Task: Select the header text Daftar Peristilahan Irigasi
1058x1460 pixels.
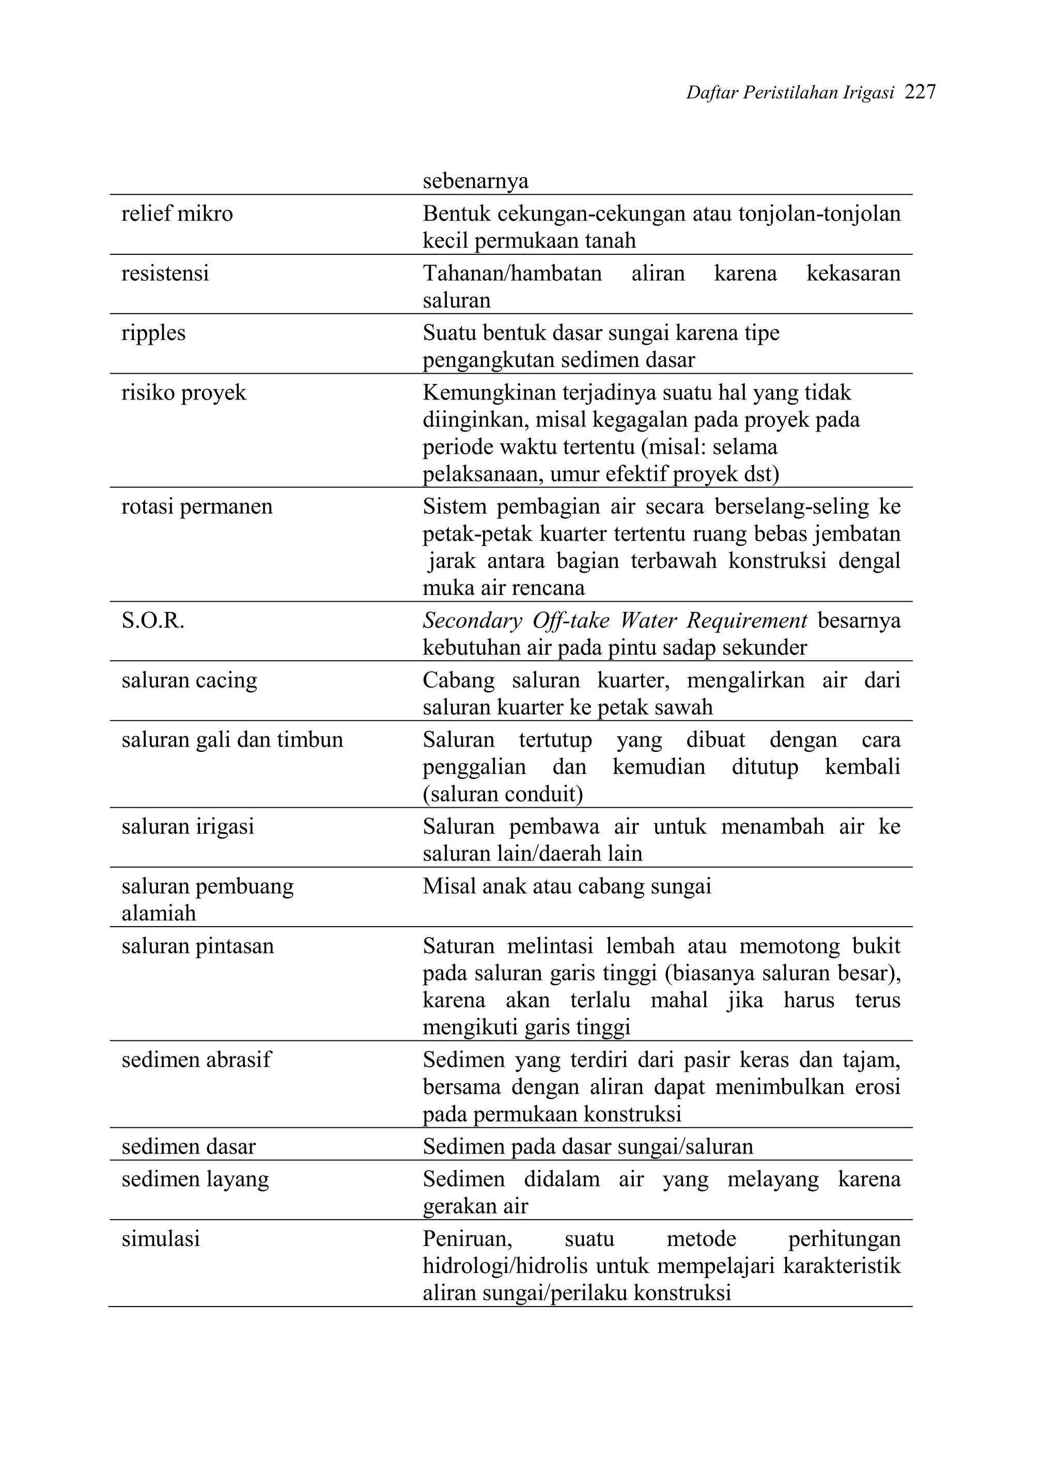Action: (790, 94)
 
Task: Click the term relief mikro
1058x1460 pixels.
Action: (177, 214)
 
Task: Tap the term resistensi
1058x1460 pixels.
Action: (165, 273)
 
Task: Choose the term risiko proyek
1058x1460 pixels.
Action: (183, 393)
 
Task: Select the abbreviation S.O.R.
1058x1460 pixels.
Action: (152, 621)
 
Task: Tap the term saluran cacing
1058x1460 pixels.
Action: (189, 681)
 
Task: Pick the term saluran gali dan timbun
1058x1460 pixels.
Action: (232, 740)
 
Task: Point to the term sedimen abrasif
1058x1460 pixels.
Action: (196, 1060)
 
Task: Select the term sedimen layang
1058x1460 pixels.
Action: (195, 1179)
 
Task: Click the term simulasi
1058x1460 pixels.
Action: (161, 1239)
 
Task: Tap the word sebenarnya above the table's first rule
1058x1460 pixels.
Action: (476, 181)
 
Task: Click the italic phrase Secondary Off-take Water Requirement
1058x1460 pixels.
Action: (615, 621)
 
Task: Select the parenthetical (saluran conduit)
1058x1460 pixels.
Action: (503, 794)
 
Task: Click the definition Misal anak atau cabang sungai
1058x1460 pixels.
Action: (567, 887)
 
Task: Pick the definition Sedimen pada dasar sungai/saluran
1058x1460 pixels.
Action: (587, 1147)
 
